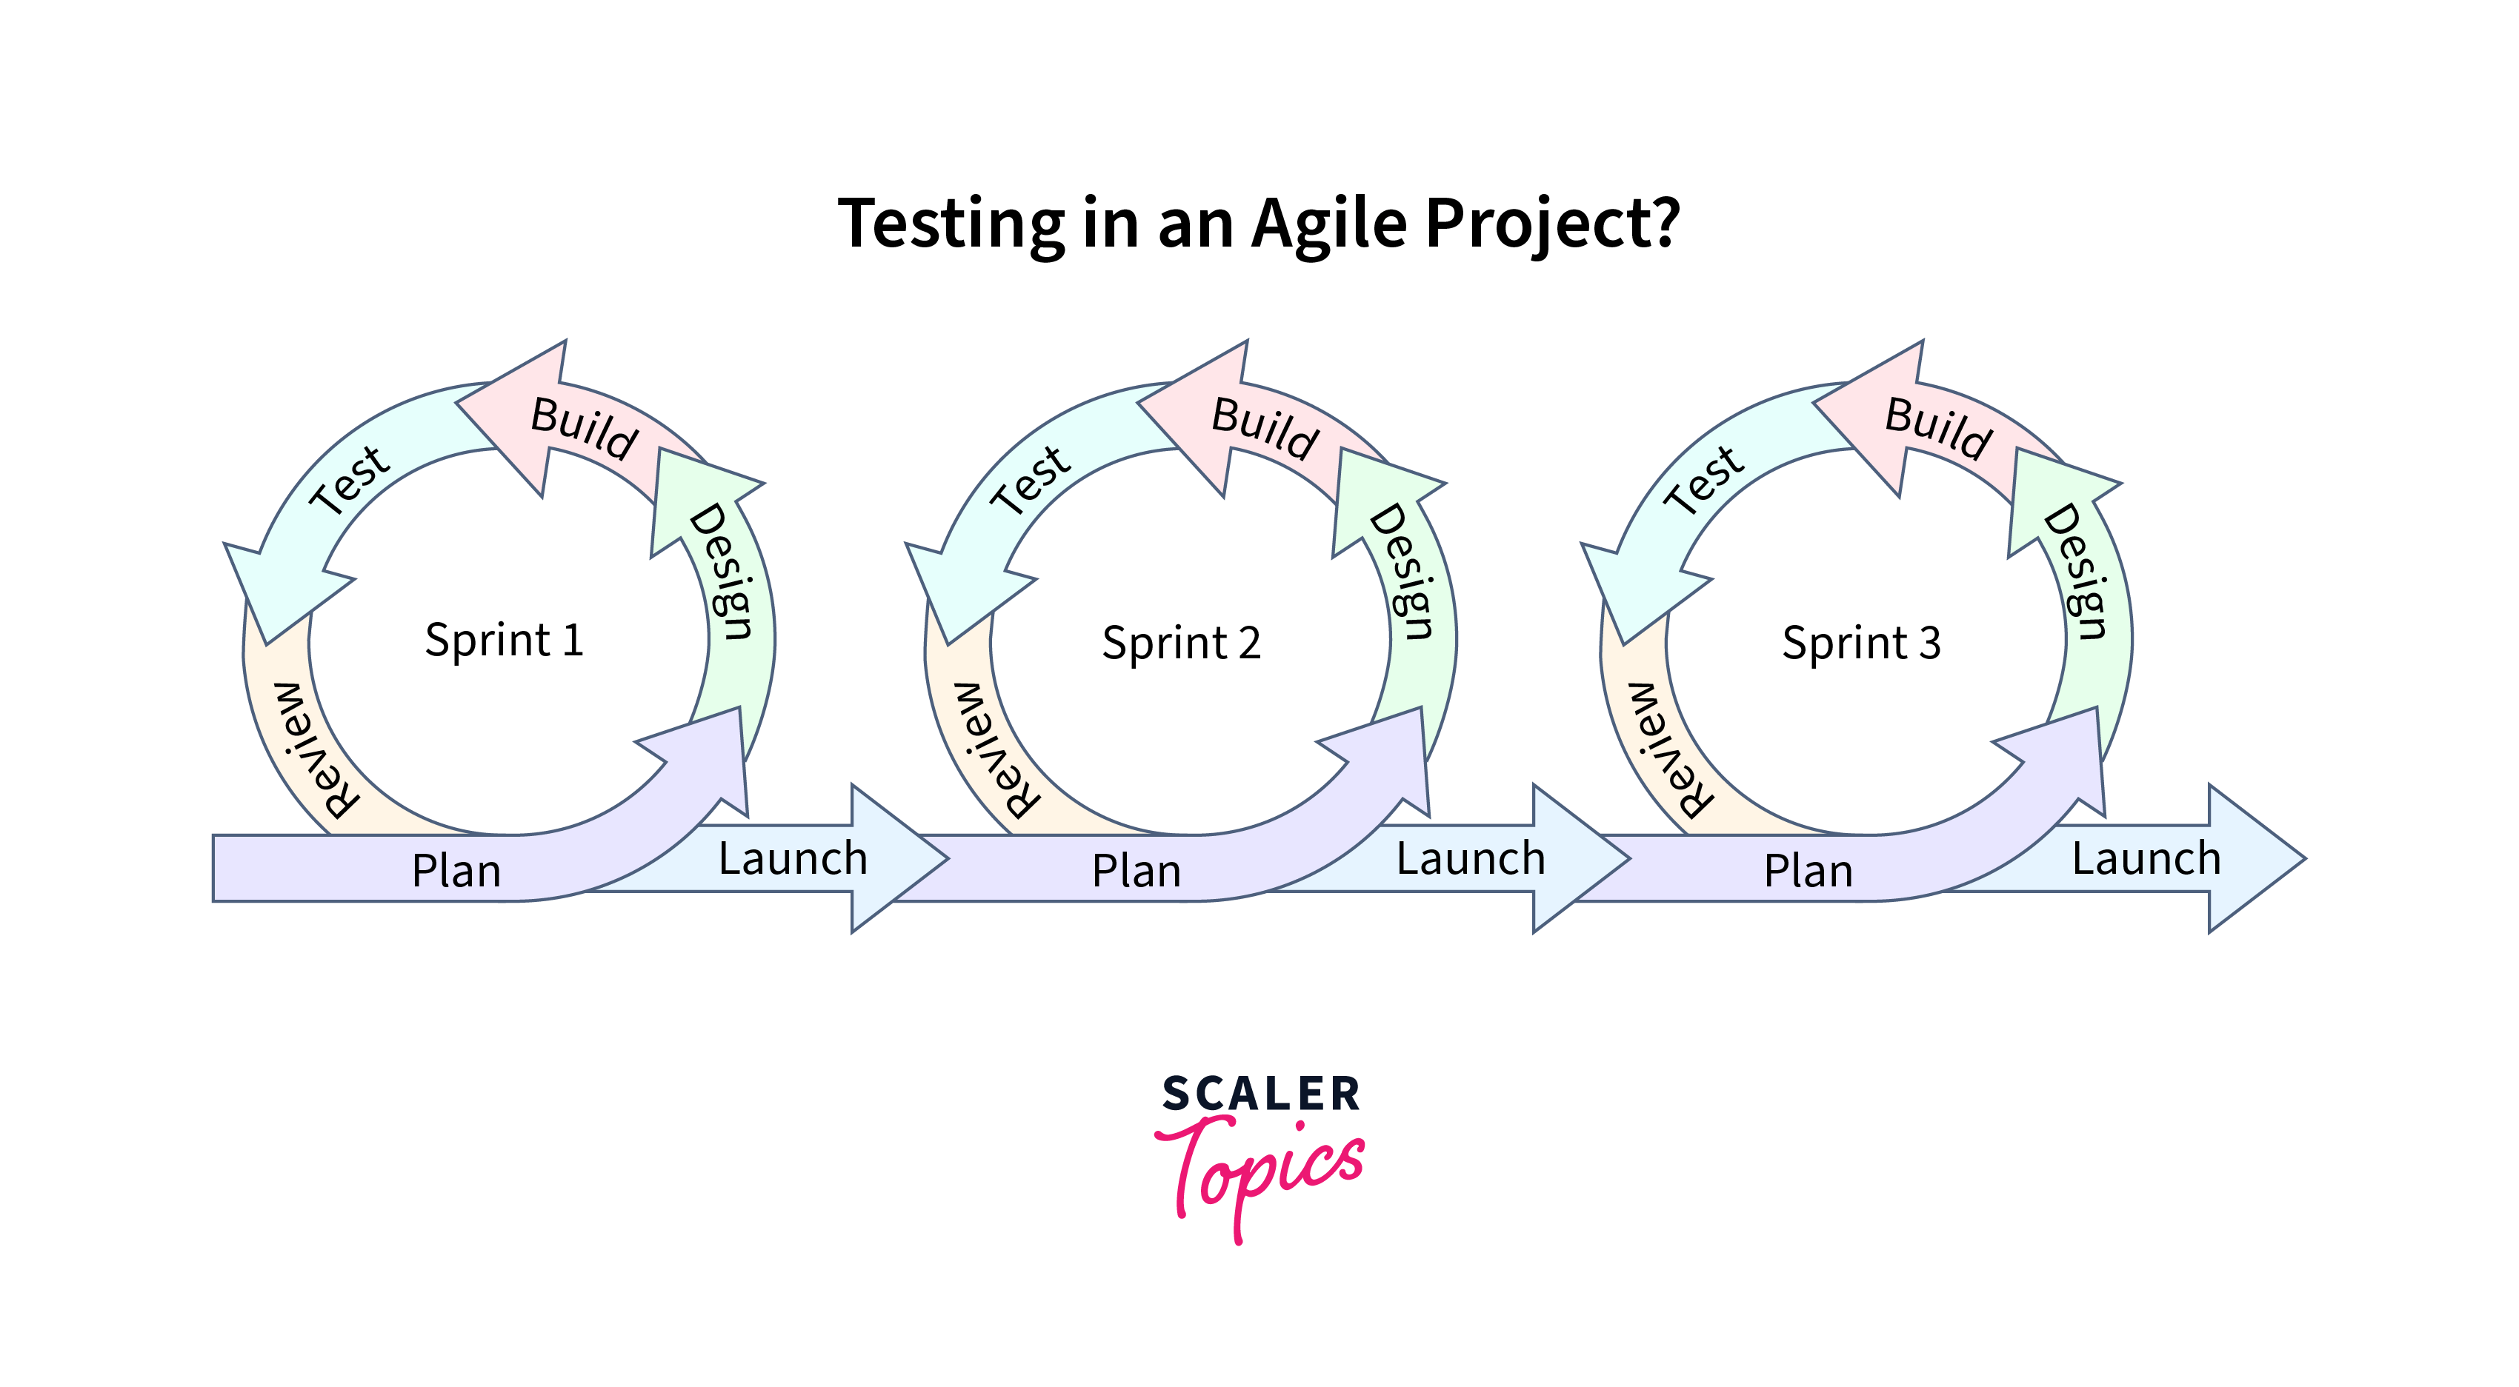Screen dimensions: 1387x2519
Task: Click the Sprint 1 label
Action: (x=504, y=641)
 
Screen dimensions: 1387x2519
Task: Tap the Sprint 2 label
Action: (x=1181, y=644)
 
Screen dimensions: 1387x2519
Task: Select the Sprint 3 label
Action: (x=1861, y=644)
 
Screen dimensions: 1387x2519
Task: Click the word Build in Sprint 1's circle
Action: (x=584, y=428)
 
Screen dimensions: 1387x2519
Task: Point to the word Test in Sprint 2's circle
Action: (x=1030, y=479)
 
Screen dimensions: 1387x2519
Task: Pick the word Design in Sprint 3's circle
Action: (x=2076, y=571)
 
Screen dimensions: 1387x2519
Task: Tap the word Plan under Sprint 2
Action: (x=1137, y=871)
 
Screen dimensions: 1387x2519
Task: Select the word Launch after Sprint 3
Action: (x=2146, y=859)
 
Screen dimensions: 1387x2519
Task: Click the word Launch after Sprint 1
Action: (x=793, y=859)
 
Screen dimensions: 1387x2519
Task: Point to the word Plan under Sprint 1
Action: (x=456, y=871)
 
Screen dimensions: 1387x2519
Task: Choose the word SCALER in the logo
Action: (x=1260, y=1093)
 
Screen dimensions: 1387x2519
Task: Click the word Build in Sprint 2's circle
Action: (x=1265, y=428)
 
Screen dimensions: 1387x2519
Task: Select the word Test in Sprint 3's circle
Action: (x=1703, y=479)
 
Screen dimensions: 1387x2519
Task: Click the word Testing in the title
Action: (x=951, y=224)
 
